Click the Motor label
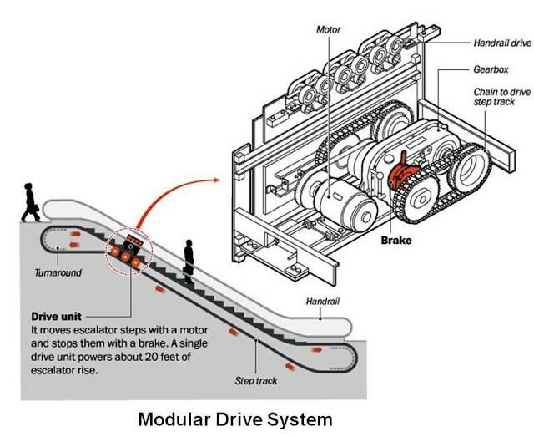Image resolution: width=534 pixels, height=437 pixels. tap(328, 30)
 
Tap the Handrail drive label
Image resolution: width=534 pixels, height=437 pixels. tap(502, 43)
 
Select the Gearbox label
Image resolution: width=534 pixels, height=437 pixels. tap(491, 69)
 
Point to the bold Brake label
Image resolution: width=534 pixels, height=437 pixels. tap(396, 240)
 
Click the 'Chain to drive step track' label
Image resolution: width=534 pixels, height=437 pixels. tap(502, 97)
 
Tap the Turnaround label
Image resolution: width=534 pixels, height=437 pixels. tap(58, 273)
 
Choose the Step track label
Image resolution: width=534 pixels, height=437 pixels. tap(256, 381)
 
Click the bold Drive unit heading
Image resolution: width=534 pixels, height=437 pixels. tap(56, 317)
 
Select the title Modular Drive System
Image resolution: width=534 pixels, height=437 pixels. tap(235, 419)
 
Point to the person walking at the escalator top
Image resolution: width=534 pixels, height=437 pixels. tap(31, 203)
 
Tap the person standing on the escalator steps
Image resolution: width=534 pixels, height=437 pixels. tap(189, 262)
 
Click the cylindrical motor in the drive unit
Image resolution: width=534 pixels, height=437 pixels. tap(344, 205)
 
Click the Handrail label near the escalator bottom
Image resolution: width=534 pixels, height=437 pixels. tap(323, 302)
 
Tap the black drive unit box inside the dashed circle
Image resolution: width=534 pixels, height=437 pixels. tap(134, 243)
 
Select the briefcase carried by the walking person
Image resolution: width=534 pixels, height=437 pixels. tap(35, 208)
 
